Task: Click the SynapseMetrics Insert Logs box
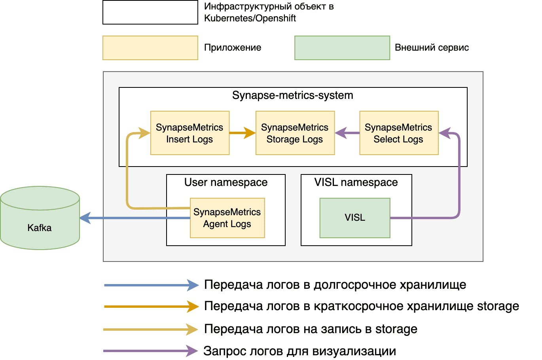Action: (x=190, y=133)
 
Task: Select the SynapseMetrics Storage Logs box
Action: (x=295, y=133)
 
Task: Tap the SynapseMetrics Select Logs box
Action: (x=399, y=133)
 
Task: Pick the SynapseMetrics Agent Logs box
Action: (x=227, y=218)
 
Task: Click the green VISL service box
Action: (x=355, y=218)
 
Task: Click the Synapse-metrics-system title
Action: (x=292, y=95)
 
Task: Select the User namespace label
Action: (x=226, y=182)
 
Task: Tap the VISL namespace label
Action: (x=356, y=182)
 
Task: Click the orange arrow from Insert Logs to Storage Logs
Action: (x=242, y=133)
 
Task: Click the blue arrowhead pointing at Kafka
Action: (x=85, y=218)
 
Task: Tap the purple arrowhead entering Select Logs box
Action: (x=445, y=133)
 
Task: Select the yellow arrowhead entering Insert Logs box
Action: (x=144, y=133)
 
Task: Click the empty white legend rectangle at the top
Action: (x=150, y=12)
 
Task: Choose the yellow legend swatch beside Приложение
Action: (x=150, y=48)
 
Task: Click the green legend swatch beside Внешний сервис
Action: (x=342, y=48)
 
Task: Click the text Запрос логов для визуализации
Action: (x=299, y=351)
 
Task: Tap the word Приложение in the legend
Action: (x=233, y=48)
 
